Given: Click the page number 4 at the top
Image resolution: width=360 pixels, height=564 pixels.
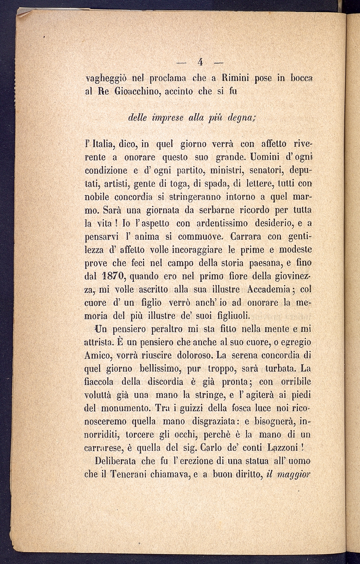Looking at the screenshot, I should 201,62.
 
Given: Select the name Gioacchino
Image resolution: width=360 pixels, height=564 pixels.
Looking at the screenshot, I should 133,91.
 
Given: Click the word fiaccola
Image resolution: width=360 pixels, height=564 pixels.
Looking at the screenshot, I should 99,382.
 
